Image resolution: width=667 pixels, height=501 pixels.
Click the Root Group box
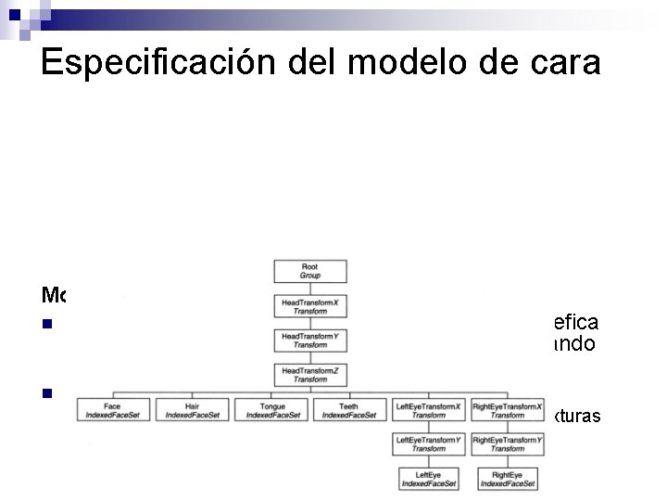[x=310, y=271]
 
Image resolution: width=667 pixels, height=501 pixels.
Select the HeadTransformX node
[x=310, y=306]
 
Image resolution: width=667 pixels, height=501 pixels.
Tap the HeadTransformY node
[x=310, y=340]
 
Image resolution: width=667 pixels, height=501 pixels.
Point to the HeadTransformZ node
[x=310, y=375]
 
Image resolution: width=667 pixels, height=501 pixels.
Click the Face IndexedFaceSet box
[x=113, y=410]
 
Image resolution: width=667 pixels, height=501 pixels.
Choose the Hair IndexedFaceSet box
[x=192, y=410]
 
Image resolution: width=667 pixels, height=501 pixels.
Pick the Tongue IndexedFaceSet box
[x=272, y=410]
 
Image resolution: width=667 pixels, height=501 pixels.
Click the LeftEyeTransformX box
[x=428, y=410]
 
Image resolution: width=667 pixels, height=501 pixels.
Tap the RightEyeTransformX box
[x=508, y=410]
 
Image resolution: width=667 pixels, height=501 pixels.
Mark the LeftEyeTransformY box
[x=428, y=444]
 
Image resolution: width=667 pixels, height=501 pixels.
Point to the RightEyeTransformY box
[x=508, y=444]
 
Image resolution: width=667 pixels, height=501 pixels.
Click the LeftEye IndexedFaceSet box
[x=428, y=479]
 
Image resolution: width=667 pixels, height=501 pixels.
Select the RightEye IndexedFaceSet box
[x=508, y=479]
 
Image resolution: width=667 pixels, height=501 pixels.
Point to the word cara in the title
[x=565, y=63]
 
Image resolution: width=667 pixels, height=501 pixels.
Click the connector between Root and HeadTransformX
[x=310, y=289]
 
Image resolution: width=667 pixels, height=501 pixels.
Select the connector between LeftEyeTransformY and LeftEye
[x=428, y=461]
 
